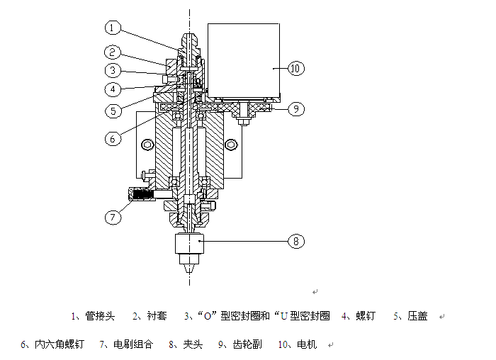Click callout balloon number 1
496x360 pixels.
coord(113,28)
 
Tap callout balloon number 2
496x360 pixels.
coord(113,52)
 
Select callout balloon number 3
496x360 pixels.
coord(113,70)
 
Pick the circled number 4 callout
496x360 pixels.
coord(113,89)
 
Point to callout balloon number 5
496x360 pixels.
coord(113,111)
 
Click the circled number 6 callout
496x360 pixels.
coord(113,139)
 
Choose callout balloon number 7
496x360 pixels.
coord(113,217)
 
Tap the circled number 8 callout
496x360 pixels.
coord(295,242)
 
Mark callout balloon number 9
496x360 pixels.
coord(295,109)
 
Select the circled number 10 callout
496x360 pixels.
coord(295,68)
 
